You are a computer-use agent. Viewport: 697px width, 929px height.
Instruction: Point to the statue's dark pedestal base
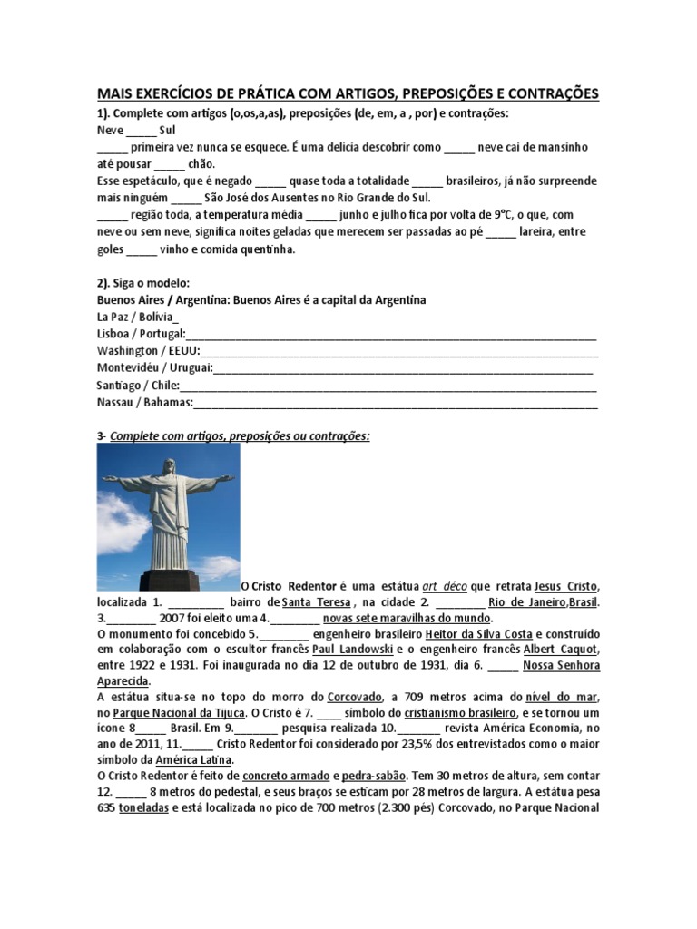(170, 581)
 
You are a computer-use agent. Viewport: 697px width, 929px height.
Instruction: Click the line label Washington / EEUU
(148, 351)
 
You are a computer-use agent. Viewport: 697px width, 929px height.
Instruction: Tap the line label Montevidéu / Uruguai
(154, 368)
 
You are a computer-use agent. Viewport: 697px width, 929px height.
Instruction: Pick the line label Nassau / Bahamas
(145, 403)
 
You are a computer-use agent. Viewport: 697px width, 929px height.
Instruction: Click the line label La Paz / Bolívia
(137, 317)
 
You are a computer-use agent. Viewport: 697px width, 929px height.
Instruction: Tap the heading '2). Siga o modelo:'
(142, 283)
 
